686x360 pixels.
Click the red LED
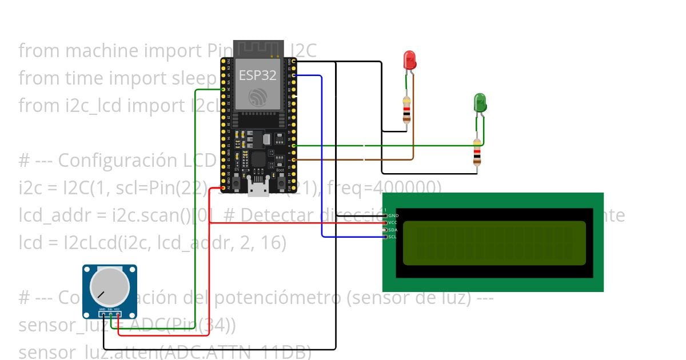click(x=409, y=60)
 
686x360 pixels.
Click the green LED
click(x=480, y=103)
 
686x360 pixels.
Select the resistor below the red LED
click(x=406, y=110)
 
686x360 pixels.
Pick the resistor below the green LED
click(x=477, y=152)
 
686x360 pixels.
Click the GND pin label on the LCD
click(x=393, y=215)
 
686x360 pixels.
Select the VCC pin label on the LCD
click(x=393, y=222)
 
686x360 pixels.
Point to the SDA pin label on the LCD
click(x=393, y=230)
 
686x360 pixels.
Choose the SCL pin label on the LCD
click(x=393, y=237)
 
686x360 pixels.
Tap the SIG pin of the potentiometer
click(x=110, y=313)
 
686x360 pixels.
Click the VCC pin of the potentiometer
click(x=117, y=313)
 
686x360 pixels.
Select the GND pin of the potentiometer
click(x=103, y=313)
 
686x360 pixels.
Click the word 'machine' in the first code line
click(x=97, y=51)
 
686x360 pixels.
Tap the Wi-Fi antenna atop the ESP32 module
click(x=258, y=49)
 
